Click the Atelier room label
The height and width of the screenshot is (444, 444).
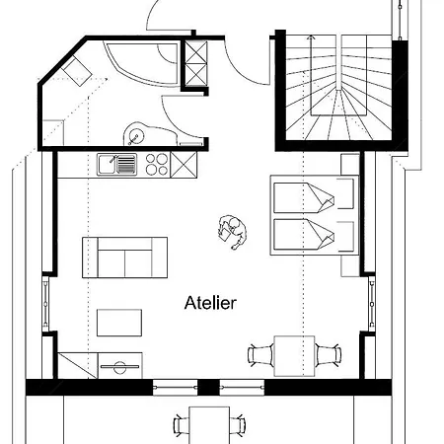coord(210,303)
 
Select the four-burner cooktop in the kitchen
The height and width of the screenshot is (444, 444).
coord(157,164)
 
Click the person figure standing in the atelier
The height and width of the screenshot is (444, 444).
coord(232,232)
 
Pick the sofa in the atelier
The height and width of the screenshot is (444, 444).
coord(124,258)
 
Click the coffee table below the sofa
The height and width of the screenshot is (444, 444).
coord(119,323)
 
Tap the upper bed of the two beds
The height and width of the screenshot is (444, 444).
coord(314,196)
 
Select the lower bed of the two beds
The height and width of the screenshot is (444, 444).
coord(314,235)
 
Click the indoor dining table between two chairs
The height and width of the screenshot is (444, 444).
coord(294,356)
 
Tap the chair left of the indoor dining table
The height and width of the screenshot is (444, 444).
coord(260,355)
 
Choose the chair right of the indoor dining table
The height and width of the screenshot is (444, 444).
coord(329,355)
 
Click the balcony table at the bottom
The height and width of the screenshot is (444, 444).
coord(209,425)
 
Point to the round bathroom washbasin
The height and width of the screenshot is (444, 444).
coord(135,135)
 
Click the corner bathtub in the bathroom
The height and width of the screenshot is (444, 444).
coord(142,63)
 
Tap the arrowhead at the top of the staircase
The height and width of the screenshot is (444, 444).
coord(311,38)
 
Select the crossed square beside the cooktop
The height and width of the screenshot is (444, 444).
coord(184,165)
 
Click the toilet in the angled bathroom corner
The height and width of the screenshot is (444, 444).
coord(77,71)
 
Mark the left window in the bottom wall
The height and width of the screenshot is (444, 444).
coord(175,388)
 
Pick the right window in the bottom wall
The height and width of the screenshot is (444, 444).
coord(242,388)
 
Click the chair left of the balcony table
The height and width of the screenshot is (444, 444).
coord(182,425)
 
